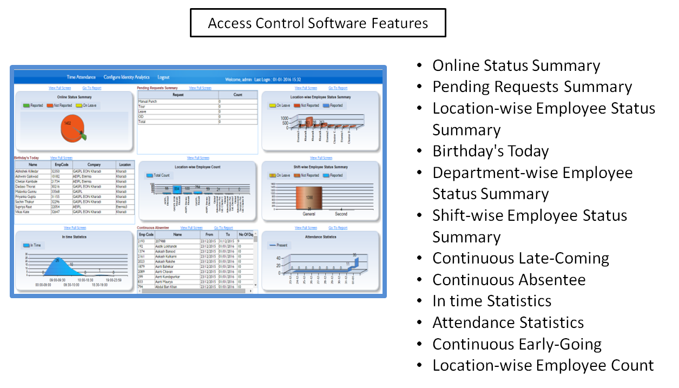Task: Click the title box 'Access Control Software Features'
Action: pyautogui.click(x=318, y=23)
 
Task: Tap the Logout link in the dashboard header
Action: pyautogui.click(x=163, y=77)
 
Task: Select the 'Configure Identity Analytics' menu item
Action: pyautogui.click(x=127, y=77)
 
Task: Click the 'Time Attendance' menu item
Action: pyautogui.click(x=81, y=77)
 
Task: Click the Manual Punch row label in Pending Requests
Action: pyautogui.click(x=148, y=101)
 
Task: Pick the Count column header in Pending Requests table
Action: pyautogui.click(x=238, y=95)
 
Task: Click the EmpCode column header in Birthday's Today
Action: pyautogui.click(x=60, y=165)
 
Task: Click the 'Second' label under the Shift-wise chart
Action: pyautogui.click(x=341, y=214)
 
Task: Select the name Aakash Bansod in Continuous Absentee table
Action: pyautogui.click(x=166, y=252)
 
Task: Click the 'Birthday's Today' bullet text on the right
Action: pyautogui.click(x=490, y=151)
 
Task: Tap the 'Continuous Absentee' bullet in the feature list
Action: pyautogui.click(x=509, y=280)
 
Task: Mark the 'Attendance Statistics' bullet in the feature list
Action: pyautogui.click(x=507, y=323)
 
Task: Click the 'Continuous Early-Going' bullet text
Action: pyautogui.click(x=517, y=344)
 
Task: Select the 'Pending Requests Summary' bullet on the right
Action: pyautogui.click(x=532, y=87)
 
